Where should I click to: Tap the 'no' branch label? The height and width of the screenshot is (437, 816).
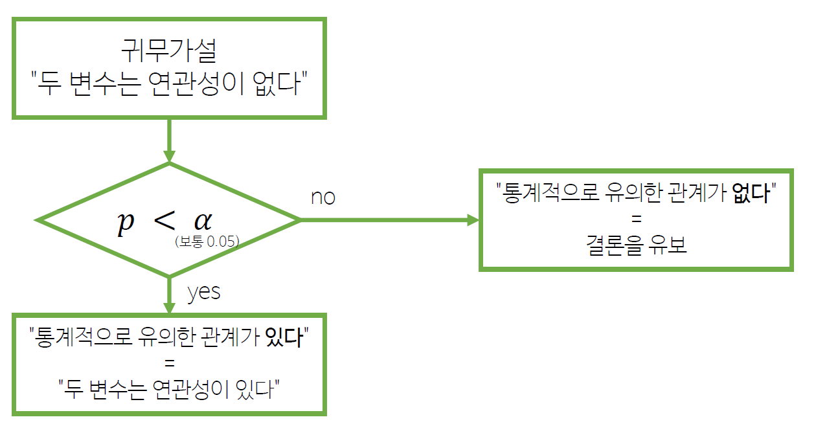pos(323,197)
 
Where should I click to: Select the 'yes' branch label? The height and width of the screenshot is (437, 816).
pos(204,292)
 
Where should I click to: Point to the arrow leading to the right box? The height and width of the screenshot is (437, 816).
pos(389,220)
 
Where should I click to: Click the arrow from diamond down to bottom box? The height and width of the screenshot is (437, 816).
pos(169,295)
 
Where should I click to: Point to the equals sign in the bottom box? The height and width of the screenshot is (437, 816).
pos(169,363)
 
